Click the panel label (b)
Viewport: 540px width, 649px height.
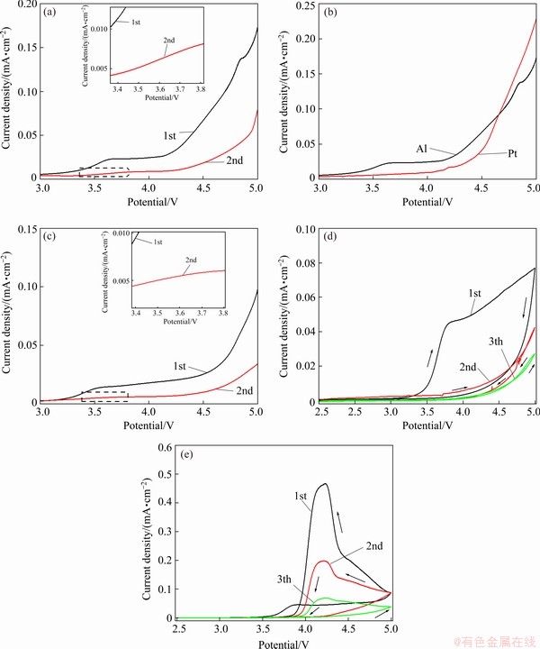click(329, 13)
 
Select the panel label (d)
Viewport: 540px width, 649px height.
click(329, 238)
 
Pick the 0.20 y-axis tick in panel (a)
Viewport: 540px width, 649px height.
click(28, 5)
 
